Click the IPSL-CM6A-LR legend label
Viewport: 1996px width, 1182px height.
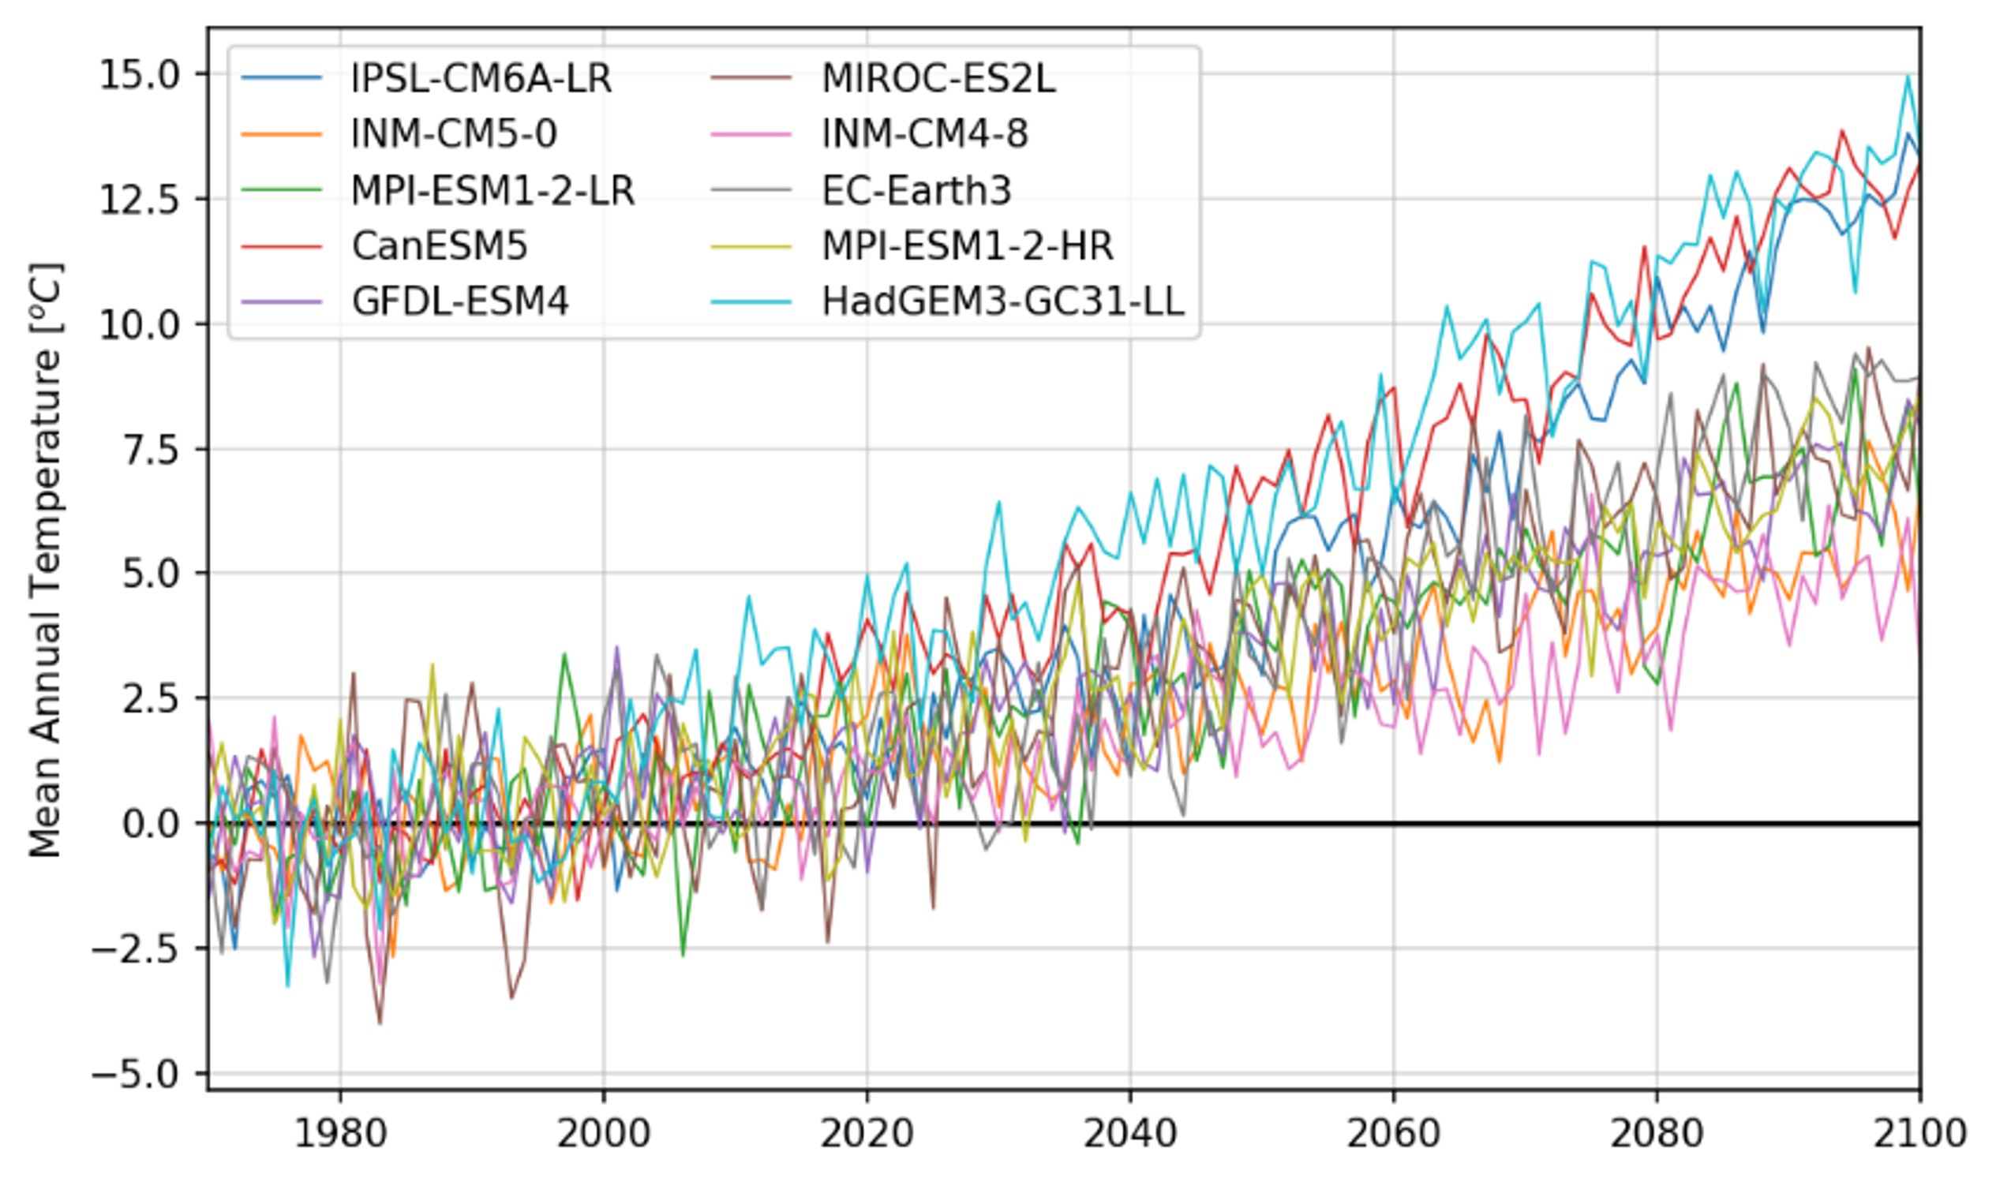pos(481,78)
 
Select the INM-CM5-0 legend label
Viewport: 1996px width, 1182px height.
pos(454,134)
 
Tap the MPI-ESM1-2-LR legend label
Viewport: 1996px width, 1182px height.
pos(493,190)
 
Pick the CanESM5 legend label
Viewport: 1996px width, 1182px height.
pos(440,246)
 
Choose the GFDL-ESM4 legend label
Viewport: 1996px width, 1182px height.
pos(460,302)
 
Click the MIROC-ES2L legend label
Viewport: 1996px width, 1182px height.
pos(938,78)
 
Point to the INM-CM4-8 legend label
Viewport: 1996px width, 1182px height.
pos(925,134)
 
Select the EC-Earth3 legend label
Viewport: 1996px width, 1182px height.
pos(916,190)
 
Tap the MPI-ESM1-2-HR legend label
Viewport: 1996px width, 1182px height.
pos(967,246)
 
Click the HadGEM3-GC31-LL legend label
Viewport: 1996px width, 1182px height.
pos(1003,302)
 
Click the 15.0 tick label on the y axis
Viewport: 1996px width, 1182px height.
pos(140,76)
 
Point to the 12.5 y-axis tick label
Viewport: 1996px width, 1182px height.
pos(140,200)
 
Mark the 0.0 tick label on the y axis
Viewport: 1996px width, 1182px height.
pos(152,824)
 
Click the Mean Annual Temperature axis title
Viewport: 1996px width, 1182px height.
pos(47,559)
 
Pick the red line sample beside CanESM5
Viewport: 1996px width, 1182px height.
pos(281,246)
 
